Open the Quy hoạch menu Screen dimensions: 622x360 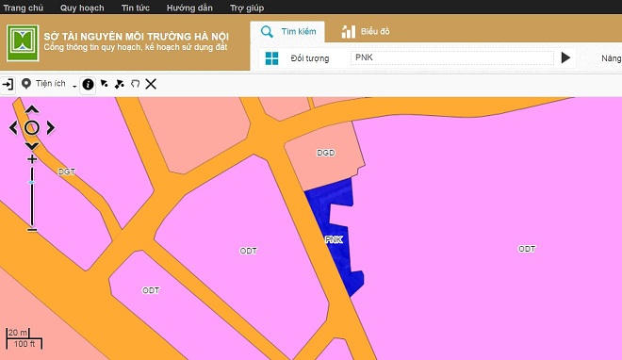(x=81, y=8)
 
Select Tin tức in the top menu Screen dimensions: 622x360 (x=136, y=8)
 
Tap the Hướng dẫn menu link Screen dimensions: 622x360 (x=188, y=8)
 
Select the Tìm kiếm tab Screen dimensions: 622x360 (x=292, y=31)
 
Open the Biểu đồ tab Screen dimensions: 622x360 (x=366, y=31)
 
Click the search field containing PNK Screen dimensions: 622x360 (x=450, y=57)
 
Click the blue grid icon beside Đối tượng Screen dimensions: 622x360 (x=271, y=58)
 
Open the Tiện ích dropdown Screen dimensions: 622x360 (x=49, y=84)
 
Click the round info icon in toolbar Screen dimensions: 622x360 (x=88, y=84)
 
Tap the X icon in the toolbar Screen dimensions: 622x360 (x=151, y=84)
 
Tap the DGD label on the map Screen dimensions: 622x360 (x=326, y=152)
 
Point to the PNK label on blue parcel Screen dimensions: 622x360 (x=334, y=239)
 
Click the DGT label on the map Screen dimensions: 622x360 (x=66, y=172)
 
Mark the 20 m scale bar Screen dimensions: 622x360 (x=17, y=333)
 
